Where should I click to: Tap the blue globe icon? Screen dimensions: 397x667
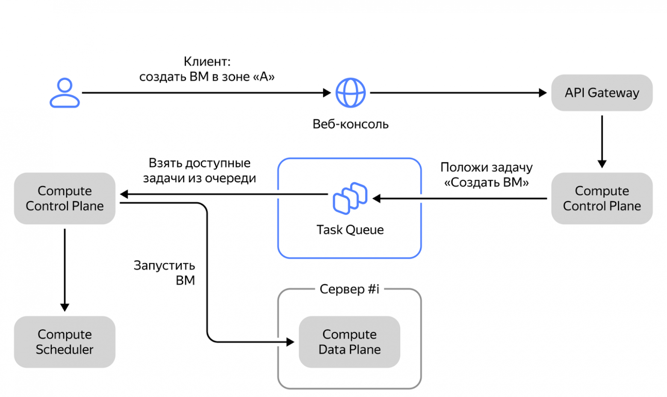(350, 92)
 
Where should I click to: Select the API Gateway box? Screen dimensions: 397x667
(602, 93)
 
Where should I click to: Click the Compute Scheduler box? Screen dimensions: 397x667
(65, 342)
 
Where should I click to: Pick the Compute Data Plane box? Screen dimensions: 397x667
(349, 342)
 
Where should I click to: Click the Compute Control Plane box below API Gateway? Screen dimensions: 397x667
(602, 198)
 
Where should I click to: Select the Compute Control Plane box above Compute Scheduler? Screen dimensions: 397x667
(65, 198)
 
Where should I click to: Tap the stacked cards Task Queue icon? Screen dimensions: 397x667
(350, 198)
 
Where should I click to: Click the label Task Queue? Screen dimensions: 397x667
(350, 230)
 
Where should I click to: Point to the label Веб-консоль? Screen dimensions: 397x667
(350, 124)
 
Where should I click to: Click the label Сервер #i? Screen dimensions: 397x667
(349, 289)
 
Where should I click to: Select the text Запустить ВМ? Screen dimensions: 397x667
(165, 273)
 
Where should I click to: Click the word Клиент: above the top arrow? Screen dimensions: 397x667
(207, 62)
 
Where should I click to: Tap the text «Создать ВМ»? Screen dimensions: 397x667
(486, 183)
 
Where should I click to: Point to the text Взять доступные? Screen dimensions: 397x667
(199, 163)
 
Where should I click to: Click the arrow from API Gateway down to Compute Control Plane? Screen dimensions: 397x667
(602, 141)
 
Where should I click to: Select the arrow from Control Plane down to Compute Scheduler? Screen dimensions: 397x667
(65, 270)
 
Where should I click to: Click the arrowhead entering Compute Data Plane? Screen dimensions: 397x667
(290, 342)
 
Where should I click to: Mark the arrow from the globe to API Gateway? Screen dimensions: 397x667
(457, 92)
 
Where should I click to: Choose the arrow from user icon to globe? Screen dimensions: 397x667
(205, 92)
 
